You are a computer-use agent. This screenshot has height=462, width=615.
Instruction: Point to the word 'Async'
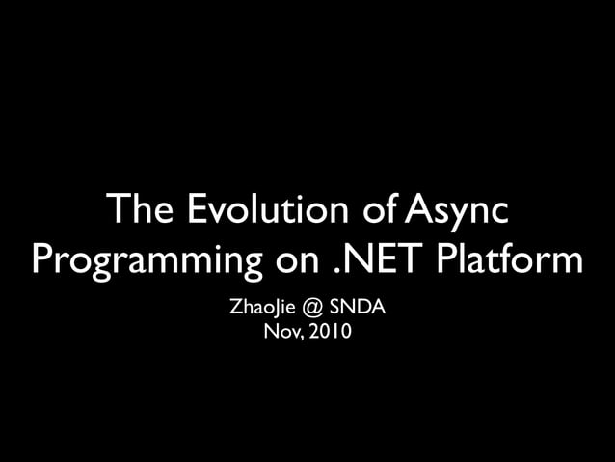456,211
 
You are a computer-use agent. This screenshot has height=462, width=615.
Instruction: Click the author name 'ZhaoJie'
259,310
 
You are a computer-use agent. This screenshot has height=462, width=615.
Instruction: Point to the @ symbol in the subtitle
310,310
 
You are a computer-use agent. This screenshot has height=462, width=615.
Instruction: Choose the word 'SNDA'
359,310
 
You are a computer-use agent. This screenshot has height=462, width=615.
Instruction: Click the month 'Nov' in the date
278,334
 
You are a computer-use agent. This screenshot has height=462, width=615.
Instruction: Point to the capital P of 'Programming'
43,258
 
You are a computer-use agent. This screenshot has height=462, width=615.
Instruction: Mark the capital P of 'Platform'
446,258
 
